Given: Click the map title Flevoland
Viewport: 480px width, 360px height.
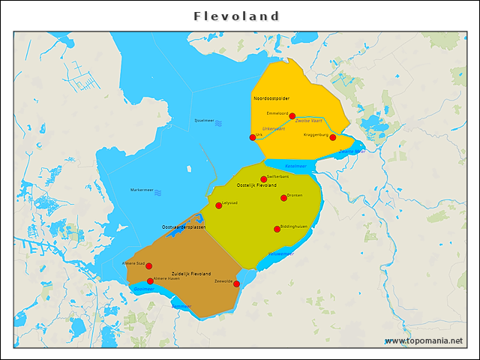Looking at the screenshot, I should click(x=236, y=16).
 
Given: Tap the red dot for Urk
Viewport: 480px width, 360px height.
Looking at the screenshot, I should click(x=253, y=137).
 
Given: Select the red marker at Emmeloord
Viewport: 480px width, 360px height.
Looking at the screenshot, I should click(x=292, y=115).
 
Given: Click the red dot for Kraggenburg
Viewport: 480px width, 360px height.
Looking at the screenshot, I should click(x=333, y=137).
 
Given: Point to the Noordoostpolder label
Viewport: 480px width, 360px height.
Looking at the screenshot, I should click(x=271, y=98).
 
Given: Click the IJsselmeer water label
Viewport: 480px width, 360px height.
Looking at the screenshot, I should click(x=204, y=120).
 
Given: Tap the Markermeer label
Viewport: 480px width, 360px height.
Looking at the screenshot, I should click(x=142, y=190).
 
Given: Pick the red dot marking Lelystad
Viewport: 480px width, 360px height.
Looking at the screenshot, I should click(x=219, y=205).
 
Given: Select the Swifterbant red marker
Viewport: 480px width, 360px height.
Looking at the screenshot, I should click(x=263, y=179).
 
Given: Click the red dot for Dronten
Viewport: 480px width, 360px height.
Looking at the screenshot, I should click(x=284, y=198).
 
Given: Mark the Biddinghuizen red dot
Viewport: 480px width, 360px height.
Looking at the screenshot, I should click(x=277, y=229).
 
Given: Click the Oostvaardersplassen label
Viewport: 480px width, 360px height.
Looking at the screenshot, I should click(x=184, y=226).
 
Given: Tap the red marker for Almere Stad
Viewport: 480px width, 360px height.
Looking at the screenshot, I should click(x=149, y=266).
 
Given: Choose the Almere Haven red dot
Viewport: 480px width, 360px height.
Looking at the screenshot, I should click(x=150, y=281).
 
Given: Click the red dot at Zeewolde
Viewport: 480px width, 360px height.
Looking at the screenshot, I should click(x=236, y=283).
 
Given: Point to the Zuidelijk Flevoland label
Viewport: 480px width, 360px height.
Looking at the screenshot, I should click(x=191, y=274).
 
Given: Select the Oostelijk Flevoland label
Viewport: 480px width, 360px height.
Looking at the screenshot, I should click(x=256, y=185).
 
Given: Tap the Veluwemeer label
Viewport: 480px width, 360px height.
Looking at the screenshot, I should click(x=281, y=253).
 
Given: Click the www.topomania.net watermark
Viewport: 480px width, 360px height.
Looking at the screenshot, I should click(x=424, y=340).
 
